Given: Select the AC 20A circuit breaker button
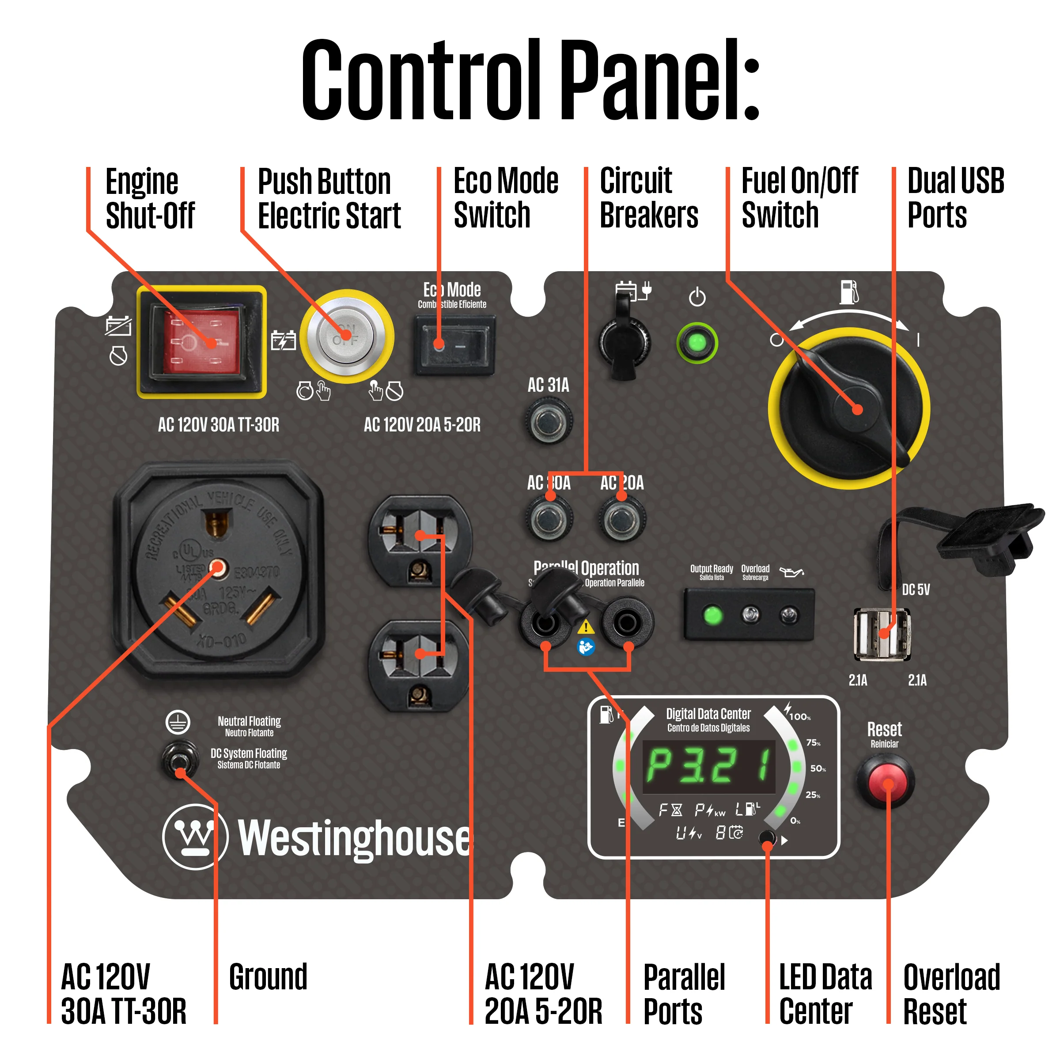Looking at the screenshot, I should coord(621,519).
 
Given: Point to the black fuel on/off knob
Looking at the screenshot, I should coord(848,409).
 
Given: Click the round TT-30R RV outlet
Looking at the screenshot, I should coord(218,571).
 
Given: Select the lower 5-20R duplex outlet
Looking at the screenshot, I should coord(419,666).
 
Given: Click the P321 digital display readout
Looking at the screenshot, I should coord(709,766).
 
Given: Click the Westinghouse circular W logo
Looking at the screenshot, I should coord(195,837).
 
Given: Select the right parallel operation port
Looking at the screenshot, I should coord(627,623).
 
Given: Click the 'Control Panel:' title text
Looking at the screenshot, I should coord(530,79).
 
